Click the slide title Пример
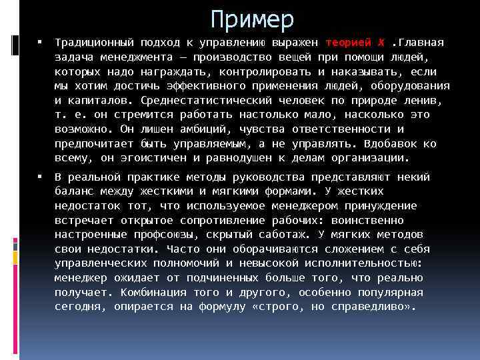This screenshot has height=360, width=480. pyautogui.click(x=251, y=19)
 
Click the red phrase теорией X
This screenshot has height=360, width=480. pyautogui.click(x=355, y=43)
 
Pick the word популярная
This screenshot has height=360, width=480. pyautogui.click(x=387, y=293)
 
